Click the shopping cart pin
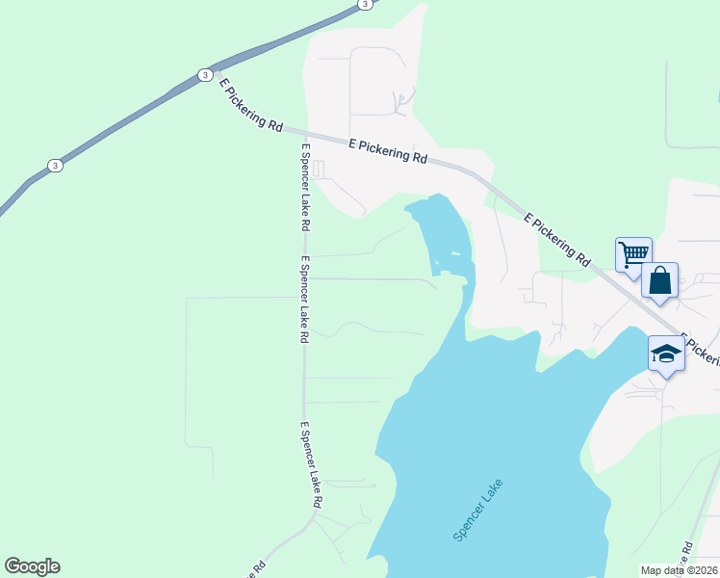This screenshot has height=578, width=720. click(x=633, y=254)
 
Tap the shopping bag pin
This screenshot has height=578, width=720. click(x=660, y=280)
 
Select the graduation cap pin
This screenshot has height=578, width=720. click(x=666, y=354)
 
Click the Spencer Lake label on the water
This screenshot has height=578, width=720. click(x=477, y=510)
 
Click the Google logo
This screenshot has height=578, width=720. click(x=32, y=566)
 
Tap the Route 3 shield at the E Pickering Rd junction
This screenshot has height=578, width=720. click(x=204, y=74)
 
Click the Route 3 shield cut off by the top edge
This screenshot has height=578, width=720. click(x=364, y=4)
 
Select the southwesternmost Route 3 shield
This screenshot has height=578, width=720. click(x=56, y=166)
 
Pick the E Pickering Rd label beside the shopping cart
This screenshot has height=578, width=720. click(x=557, y=239)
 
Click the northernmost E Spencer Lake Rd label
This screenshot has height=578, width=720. click(x=304, y=187)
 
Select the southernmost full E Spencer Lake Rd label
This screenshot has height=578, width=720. click(x=309, y=464)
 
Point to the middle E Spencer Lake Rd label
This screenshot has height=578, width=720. click(x=303, y=300)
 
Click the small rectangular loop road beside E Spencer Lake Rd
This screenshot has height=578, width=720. click(x=319, y=170)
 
